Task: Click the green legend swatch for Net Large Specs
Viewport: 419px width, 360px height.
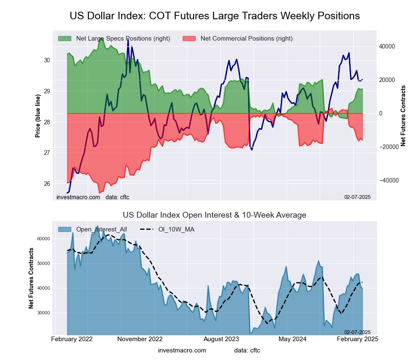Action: pos(65,39)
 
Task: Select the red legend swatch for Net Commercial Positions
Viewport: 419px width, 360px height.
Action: pos(189,39)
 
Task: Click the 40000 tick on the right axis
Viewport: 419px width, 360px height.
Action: pos(387,46)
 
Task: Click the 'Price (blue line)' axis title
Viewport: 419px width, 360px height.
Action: pos(38,116)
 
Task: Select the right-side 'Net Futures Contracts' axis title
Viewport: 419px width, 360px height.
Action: pos(403,116)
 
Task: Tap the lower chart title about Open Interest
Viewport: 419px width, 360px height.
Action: pos(215,215)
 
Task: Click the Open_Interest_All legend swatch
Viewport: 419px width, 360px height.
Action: pos(65,229)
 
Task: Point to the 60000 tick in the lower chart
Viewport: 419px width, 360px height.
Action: pos(43,239)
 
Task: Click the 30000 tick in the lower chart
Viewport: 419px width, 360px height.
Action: pos(43,313)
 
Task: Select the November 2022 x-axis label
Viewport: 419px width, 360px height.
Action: pos(140,339)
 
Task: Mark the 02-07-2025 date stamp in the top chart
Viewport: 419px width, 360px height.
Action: pos(357,197)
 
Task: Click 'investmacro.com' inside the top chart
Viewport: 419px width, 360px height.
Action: pos(78,197)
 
